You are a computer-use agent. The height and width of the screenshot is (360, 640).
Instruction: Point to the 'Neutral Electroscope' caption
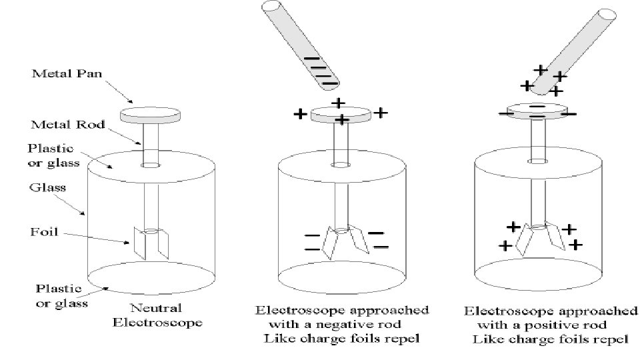click(157, 316)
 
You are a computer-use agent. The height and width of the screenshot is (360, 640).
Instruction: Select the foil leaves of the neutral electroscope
click(152, 243)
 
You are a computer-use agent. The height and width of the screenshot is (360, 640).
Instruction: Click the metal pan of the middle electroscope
click(341, 115)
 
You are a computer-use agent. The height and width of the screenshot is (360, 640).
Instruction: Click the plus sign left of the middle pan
click(300, 115)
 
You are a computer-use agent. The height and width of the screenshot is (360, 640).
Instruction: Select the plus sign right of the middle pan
click(380, 113)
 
